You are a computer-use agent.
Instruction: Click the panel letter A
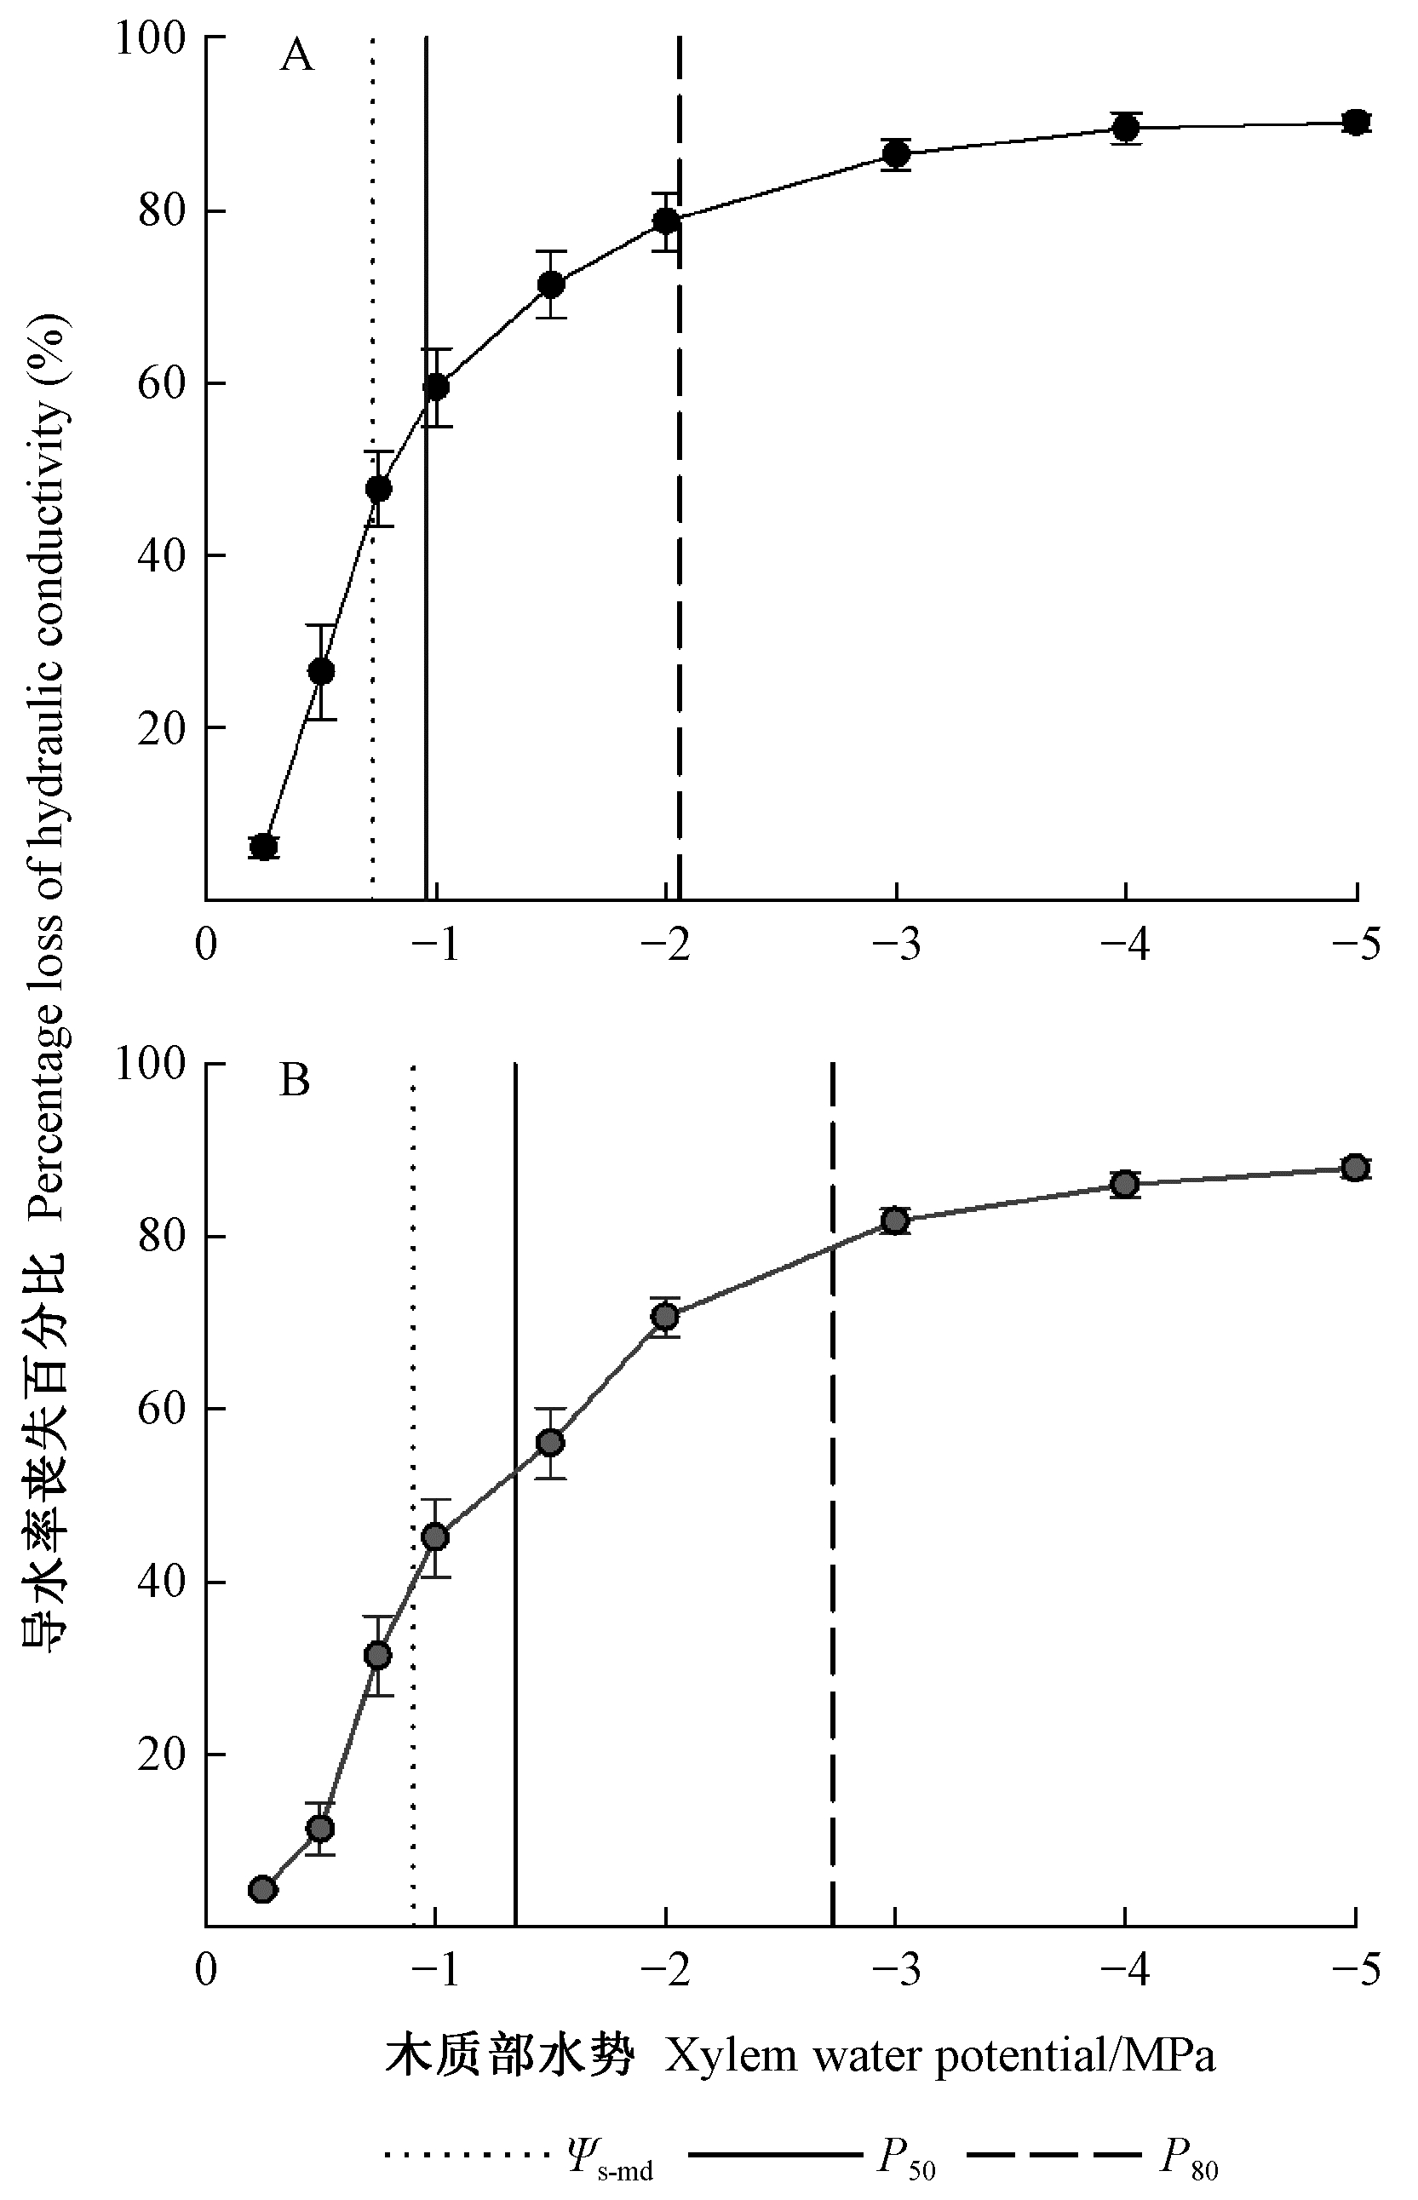tap(296, 57)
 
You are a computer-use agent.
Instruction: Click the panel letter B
tap(295, 1081)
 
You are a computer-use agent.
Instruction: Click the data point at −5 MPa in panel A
tap(1354, 123)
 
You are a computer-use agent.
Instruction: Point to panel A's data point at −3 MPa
tap(896, 154)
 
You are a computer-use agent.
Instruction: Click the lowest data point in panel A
tap(263, 847)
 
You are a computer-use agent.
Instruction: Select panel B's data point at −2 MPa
tap(665, 1316)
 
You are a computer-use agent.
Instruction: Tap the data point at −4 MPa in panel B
tap(1125, 1184)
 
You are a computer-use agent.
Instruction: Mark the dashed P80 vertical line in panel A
tap(680, 553)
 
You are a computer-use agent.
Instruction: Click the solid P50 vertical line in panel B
tap(515, 1565)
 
